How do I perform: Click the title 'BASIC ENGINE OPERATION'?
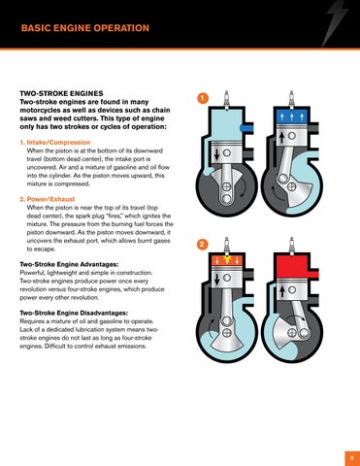[x=85, y=28]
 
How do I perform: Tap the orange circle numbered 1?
[x=203, y=98]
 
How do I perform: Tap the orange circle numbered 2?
[x=202, y=245]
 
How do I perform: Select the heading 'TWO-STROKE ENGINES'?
[x=61, y=93]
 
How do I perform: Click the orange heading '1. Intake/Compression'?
[x=55, y=143]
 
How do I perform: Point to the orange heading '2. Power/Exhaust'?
[x=48, y=199]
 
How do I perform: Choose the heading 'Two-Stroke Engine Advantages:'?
[x=69, y=264]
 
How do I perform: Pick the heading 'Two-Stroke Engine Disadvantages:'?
[x=74, y=313]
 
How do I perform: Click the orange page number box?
[x=352, y=458]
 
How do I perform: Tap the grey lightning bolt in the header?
[x=335, y=23]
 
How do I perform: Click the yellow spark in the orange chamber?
[x=227, y=259]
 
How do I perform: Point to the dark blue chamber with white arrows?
[x=292, y=117]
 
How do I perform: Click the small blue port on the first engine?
[x=246, y=128]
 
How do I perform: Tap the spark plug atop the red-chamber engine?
[x=292, y=246]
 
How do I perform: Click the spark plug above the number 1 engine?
[x=227, y=100]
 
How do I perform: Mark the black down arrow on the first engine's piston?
[x=217, y=154]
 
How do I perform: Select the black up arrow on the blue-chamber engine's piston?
[x=281, y=138]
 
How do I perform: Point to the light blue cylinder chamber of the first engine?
[x=225, y=124]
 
